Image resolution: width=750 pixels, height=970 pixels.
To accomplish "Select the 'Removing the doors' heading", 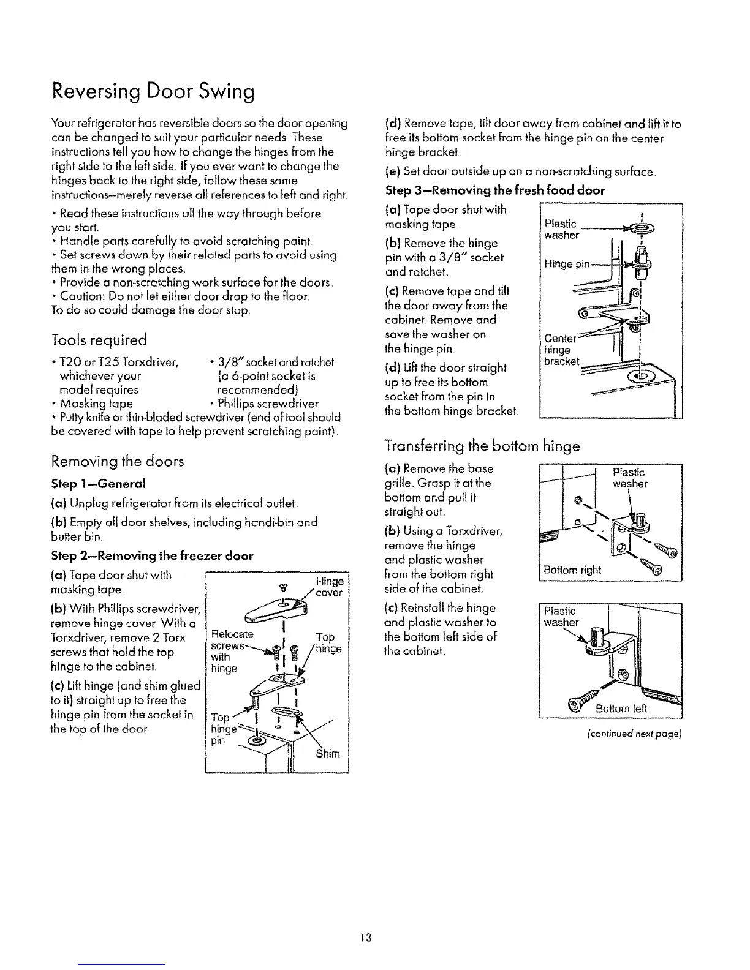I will coord(118,461).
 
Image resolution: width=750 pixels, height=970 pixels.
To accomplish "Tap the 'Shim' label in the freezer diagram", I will coord(328,753).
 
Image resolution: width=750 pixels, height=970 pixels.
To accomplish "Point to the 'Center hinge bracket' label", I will coord(561,350).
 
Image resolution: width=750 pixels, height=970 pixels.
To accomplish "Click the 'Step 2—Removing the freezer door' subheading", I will coord(152,556).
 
